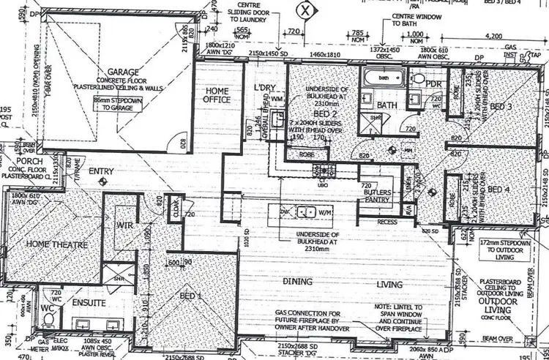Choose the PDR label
coord(432,84)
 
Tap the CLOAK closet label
coord(175,207)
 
